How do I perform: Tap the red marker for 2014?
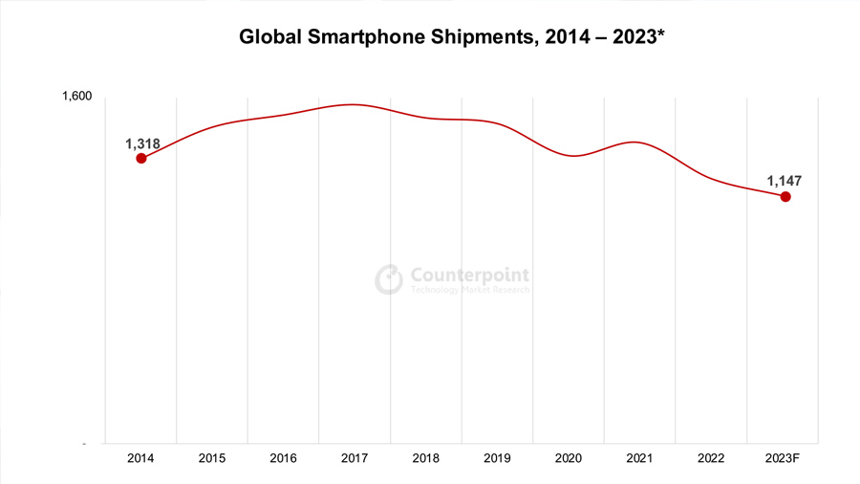[x=141, y=158]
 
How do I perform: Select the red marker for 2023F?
[x=785, y=196]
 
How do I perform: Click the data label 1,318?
[x=142, y=143]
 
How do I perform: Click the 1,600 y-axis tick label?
[x=76, y=97]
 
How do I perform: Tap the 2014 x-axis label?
[x=140, y=458]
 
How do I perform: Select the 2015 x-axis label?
[x=212, y=458]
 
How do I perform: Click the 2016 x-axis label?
[x=283, y=458]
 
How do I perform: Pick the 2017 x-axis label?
[x=355, y=458]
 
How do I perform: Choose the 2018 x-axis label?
[x=426, y=458]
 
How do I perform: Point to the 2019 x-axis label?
[x=497, y=458]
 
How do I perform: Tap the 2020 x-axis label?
[x=569, y=458]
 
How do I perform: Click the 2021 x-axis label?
[x=640, y=458]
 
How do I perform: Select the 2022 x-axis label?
[x=711, y=458]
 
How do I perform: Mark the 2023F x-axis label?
[x=783, y=458]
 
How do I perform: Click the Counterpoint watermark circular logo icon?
[x=389, y=279]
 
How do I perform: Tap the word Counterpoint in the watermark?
[x=469, y=275]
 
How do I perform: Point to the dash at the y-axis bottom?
[x=84, y=444]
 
